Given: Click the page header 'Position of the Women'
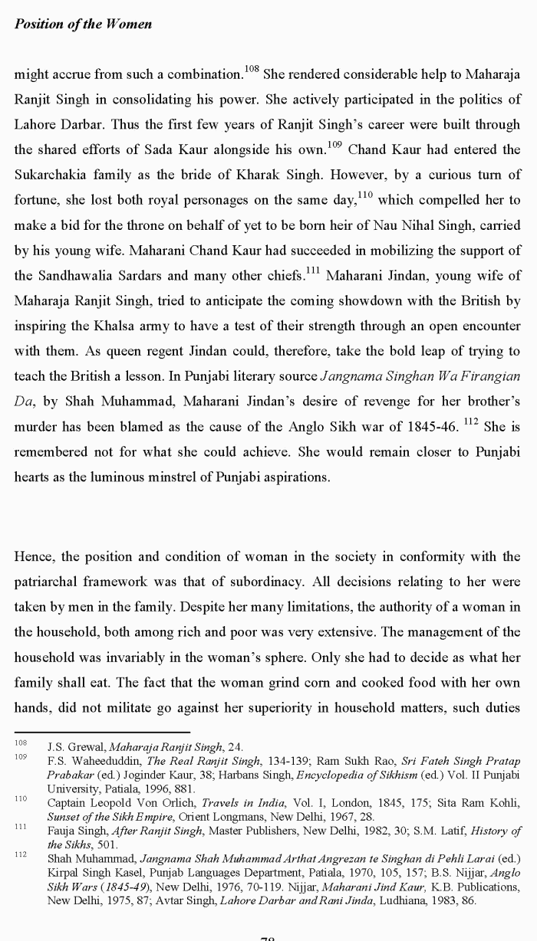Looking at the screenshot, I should click(83, 24).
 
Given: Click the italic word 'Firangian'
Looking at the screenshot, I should click(493, 375).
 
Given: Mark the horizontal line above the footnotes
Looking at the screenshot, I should click(102, 732).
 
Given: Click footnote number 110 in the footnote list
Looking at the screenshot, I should click(21, 798).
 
